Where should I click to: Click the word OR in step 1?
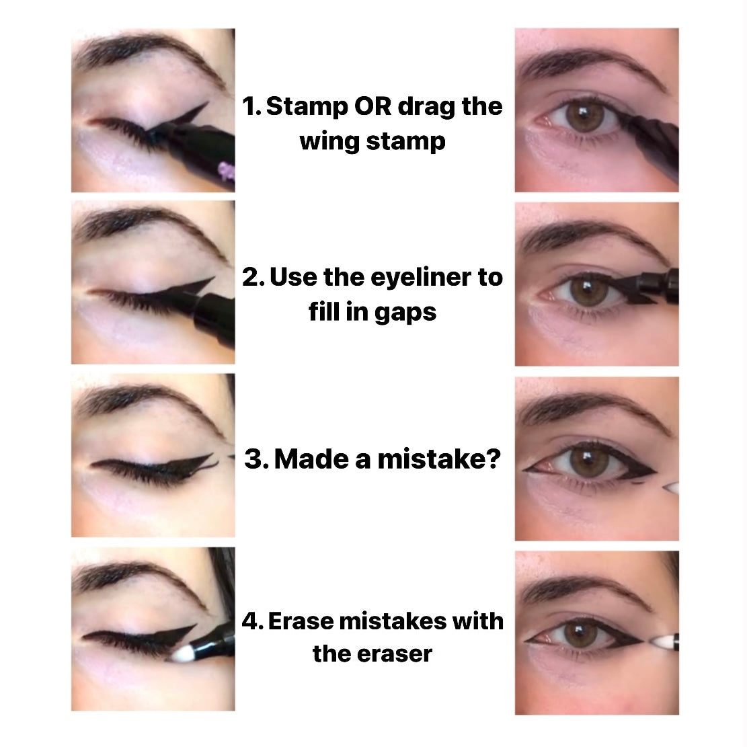point(367,107)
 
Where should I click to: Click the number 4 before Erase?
point(251,621)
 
